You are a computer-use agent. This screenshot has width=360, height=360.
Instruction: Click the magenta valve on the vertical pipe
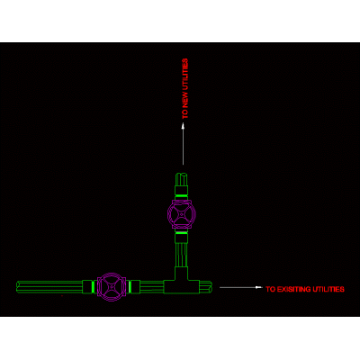182,214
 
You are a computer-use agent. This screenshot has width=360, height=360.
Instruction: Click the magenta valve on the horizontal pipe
112,287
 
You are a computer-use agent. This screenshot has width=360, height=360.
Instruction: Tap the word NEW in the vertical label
185,100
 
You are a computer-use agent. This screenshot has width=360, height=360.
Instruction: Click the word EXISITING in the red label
293,289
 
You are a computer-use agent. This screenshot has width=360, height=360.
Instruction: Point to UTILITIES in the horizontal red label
328,289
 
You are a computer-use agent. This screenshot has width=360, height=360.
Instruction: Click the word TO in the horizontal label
270,289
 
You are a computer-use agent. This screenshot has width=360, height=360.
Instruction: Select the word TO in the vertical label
185,114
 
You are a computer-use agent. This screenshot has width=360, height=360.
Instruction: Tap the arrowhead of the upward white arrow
184,127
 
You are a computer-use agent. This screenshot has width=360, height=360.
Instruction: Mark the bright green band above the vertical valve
182,195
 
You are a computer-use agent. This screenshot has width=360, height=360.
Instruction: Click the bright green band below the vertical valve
182,233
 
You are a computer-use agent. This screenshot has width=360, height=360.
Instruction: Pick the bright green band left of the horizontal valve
93,287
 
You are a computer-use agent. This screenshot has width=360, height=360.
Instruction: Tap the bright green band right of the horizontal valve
130,287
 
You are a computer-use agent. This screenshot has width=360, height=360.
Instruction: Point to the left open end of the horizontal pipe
18,287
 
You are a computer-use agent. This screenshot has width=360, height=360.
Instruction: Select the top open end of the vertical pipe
182,175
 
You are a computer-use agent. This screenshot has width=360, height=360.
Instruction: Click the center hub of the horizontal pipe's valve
112,287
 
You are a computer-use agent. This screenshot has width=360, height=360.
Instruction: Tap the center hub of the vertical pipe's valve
182,215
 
